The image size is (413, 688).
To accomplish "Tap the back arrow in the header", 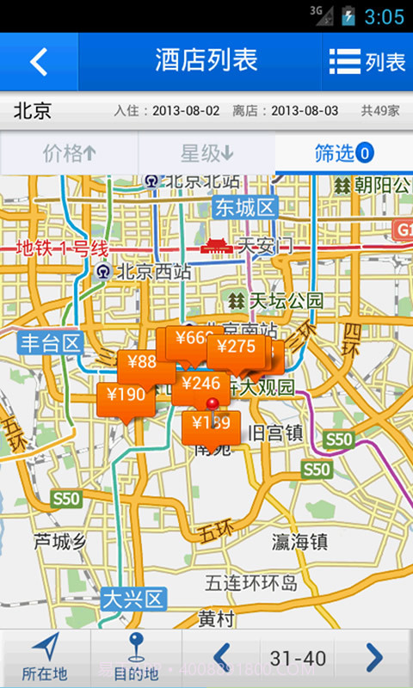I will point(39,62).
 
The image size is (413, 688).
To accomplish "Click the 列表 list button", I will point(367,62).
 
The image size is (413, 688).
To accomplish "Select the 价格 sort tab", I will point(69,154).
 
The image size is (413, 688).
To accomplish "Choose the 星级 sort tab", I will point(206,154).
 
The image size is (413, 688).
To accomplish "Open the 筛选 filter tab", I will point(343,154).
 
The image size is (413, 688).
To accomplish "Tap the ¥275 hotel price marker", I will point(236,347).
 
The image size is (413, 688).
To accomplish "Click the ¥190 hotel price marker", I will point(126,396).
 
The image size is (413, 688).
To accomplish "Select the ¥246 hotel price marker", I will point(201,384).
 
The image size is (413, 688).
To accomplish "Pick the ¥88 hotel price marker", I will point(140,363).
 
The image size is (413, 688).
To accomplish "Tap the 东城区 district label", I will point(244,207).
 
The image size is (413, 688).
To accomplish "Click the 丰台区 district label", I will point(51,344).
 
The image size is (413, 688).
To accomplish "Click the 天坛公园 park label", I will point(276,301).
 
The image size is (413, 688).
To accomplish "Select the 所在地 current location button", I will point(45,659).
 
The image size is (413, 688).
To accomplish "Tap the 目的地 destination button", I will point(136,659).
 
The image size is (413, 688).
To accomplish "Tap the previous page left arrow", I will point(221,658).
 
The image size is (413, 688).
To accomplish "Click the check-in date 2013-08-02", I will point(186,111).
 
